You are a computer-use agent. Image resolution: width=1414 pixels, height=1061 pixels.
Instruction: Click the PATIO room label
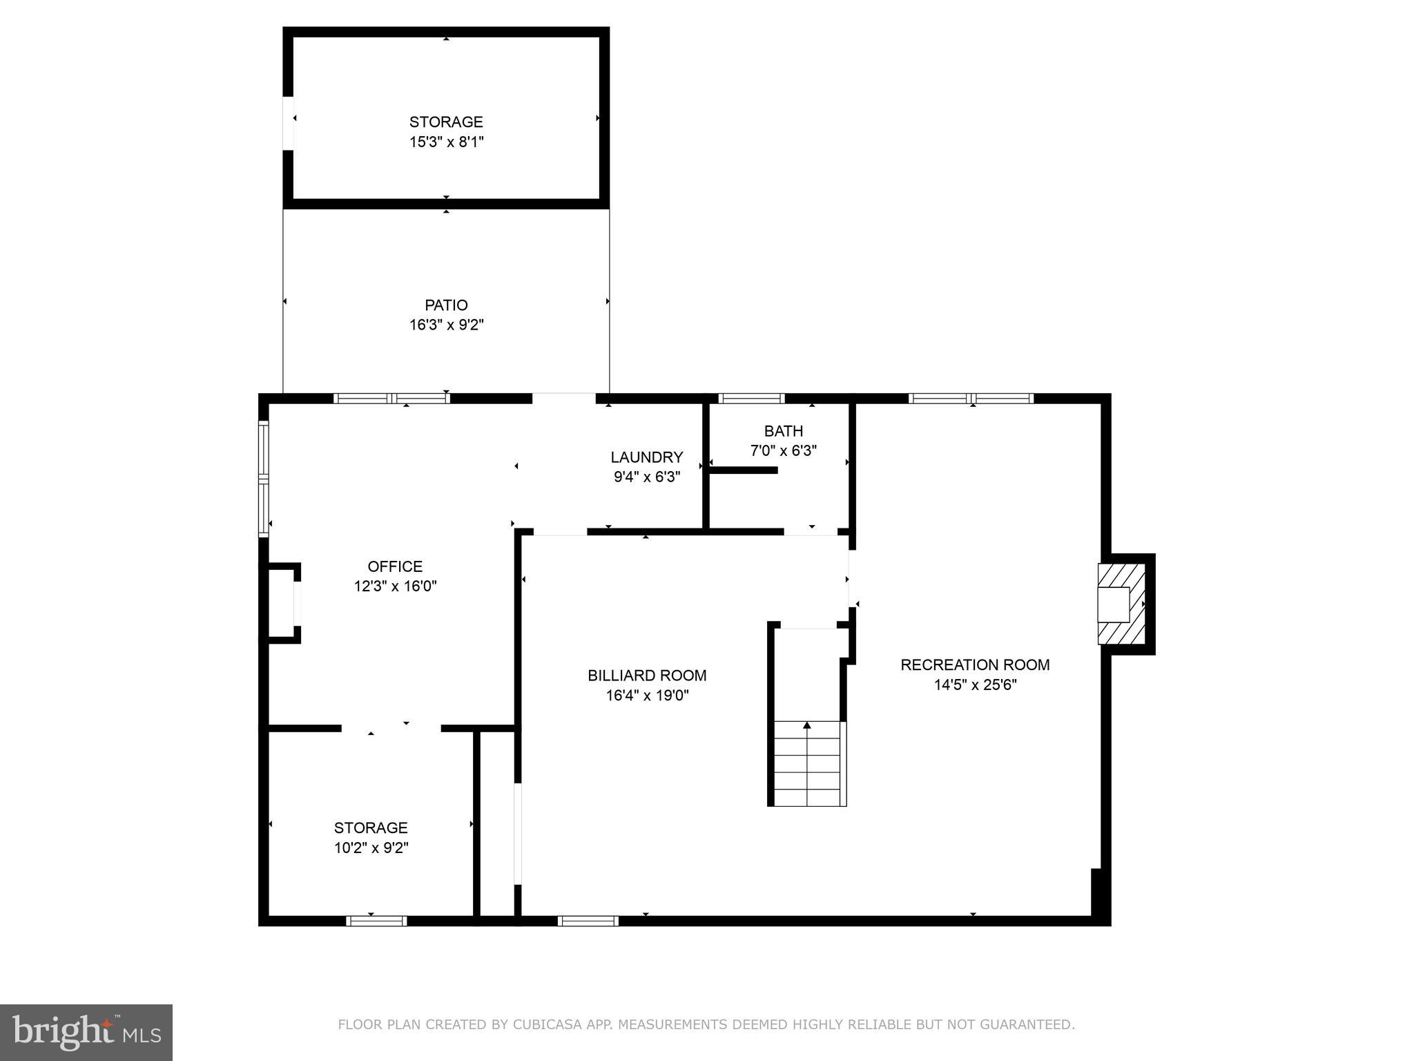click(446, 305)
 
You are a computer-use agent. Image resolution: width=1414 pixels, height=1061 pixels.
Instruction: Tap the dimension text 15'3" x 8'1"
click(446, 142)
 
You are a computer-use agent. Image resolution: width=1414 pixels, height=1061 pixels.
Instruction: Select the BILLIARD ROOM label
click(647, 676)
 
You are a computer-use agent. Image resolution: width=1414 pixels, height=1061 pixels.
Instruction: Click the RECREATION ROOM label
click(975, 665)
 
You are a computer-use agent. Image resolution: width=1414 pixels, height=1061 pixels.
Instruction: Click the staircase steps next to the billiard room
click(807, 763)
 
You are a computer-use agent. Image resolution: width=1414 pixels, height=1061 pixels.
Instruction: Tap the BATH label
click(783, 431)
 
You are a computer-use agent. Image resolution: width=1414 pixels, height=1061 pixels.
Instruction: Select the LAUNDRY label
click(647, 457)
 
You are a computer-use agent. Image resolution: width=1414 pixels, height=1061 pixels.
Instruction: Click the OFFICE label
click(395, 566)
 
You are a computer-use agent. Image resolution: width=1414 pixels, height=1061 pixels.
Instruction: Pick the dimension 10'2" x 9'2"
click(371, 848)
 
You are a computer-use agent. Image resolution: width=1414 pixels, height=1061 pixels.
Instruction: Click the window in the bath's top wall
click(751, 399)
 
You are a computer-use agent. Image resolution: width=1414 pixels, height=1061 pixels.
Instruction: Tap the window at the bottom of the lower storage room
click(376, 921)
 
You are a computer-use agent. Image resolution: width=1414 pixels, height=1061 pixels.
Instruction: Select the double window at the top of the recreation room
click(971, 399)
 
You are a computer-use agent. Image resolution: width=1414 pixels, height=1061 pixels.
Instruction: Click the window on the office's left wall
click(263, 478)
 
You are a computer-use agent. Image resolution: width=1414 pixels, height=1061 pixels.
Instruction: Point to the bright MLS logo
click(86, 1033)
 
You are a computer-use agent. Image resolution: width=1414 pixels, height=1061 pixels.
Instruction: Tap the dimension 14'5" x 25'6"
click(975, 685)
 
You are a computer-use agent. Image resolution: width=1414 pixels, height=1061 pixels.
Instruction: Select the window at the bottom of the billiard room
click(588, 921)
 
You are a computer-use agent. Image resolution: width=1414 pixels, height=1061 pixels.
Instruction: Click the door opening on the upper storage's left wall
click(288, 123)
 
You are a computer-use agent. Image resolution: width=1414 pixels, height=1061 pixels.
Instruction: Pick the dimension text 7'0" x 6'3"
click(783, 451)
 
